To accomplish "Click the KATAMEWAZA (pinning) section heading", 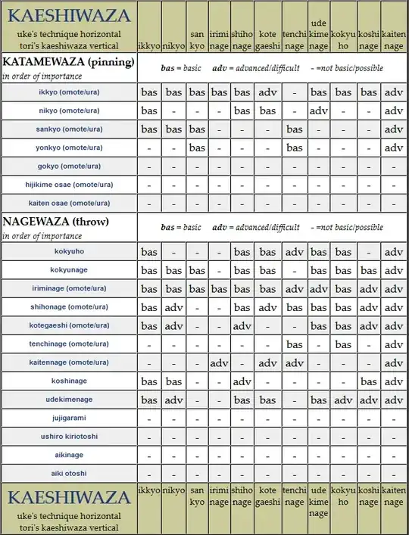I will tap(69, 61).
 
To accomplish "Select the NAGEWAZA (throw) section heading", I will tap(56, 222).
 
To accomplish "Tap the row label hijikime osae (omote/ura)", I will tap(68, 185).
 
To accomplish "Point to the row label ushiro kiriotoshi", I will tap(68, 437).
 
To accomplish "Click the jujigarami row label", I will tap(68, 418).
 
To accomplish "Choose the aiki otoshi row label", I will tap(68, 474).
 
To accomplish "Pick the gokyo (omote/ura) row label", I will tap(68, 166).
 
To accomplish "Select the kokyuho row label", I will tap(68, 251).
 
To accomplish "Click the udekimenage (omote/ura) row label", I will tap(68, 400).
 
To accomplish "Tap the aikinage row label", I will tap(68, 456).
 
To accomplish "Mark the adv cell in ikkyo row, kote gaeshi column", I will tap(267, 92).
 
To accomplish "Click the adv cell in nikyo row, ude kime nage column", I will tap(319, 111).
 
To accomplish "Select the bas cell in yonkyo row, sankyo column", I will tap(197, 148).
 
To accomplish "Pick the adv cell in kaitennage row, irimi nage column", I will tap(219, 363).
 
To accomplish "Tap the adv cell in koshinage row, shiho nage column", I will tap(242, 381).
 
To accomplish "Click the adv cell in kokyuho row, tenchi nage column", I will tap(294, 252).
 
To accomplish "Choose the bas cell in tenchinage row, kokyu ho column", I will tap(343, 344).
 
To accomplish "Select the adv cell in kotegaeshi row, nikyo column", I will tap(174, 326).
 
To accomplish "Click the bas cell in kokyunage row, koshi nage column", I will tap(369, 270).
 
